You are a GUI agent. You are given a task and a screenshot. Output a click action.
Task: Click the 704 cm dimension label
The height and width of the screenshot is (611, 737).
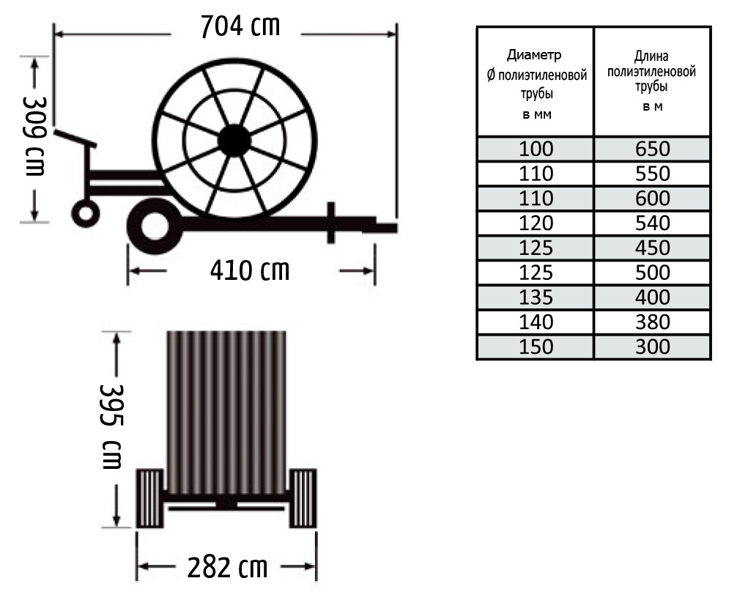[240, 26]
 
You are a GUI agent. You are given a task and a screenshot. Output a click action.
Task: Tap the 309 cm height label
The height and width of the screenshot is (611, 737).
[34, 136]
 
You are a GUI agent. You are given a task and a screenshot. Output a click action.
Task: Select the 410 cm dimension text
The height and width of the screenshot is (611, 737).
[250, 270]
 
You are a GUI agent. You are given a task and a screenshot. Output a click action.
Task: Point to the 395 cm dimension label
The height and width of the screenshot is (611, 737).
[111, 426]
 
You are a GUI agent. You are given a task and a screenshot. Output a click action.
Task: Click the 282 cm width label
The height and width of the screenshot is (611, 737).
[228, 567]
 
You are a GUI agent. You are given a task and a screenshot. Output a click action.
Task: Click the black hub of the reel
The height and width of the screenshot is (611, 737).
[234, 141]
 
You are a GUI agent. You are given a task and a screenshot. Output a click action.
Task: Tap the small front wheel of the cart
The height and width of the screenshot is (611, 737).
[86, 213]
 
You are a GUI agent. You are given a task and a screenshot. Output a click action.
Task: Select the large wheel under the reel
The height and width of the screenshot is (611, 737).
[155, 226]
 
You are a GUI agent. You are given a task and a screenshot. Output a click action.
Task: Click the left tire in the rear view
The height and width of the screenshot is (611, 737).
[150, 498]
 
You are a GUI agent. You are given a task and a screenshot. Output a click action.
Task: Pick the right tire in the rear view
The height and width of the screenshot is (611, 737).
[303, 498]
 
